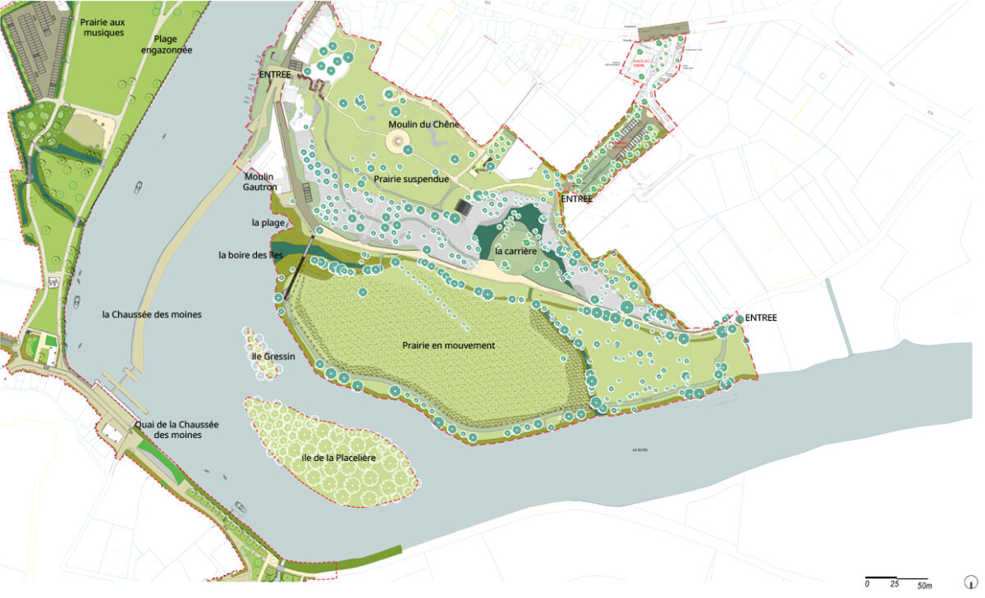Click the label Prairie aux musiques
[103, 27]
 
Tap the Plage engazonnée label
[172, 43]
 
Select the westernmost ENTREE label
[275, 75]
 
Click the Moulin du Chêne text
[424, 124]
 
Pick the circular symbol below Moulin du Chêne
[398, 142]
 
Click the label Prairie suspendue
[411, 178]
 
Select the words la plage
[267, 222]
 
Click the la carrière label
[515, 250]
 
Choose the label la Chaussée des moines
[152, 314]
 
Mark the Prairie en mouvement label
[449, 345]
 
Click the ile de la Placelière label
[339, 458]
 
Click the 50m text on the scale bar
[924, 586]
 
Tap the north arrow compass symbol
[970, 582]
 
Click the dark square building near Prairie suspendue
[464, 208]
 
